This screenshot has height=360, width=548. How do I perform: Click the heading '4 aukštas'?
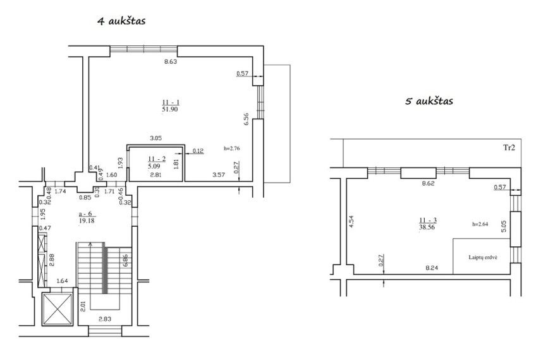pyautogui.click(x=121, y=21)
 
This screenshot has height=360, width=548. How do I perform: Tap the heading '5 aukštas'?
pyautogui.click(x=429, y=101)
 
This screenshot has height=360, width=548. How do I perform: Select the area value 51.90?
pyautogui.click(x=170, y=109)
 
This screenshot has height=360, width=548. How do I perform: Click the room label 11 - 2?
pyautogui.click(x=157, y=159)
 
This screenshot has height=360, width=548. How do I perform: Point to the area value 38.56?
pyautogui.click(x=427, y=227)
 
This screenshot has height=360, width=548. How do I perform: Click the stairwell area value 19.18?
pyautogui.click(x=87, y=220)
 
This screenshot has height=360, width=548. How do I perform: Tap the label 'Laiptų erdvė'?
pyautogui.click(x=483, y=257)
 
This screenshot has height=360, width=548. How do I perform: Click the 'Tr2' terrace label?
pyautogui.click(x=509, y=147)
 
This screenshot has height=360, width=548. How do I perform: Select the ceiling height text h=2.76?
pyautogui.click(x=232, y=148)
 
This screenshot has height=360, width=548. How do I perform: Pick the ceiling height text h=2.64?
pyautogui.click(x=480, y=224)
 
